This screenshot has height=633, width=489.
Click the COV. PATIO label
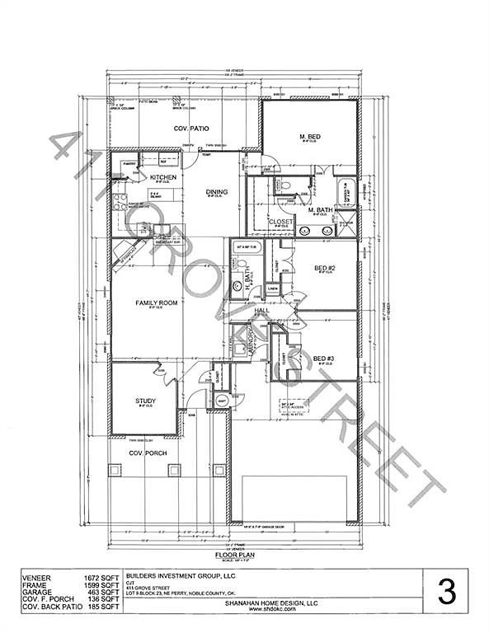[189, 129]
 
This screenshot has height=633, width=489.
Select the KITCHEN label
[162, 176]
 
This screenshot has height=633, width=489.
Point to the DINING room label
[217, 192]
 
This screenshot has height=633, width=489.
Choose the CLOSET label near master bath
[281, 221]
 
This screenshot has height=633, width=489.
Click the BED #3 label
[323, 357]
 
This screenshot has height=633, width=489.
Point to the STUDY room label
[145, 401]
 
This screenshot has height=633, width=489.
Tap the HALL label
[261, 311]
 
